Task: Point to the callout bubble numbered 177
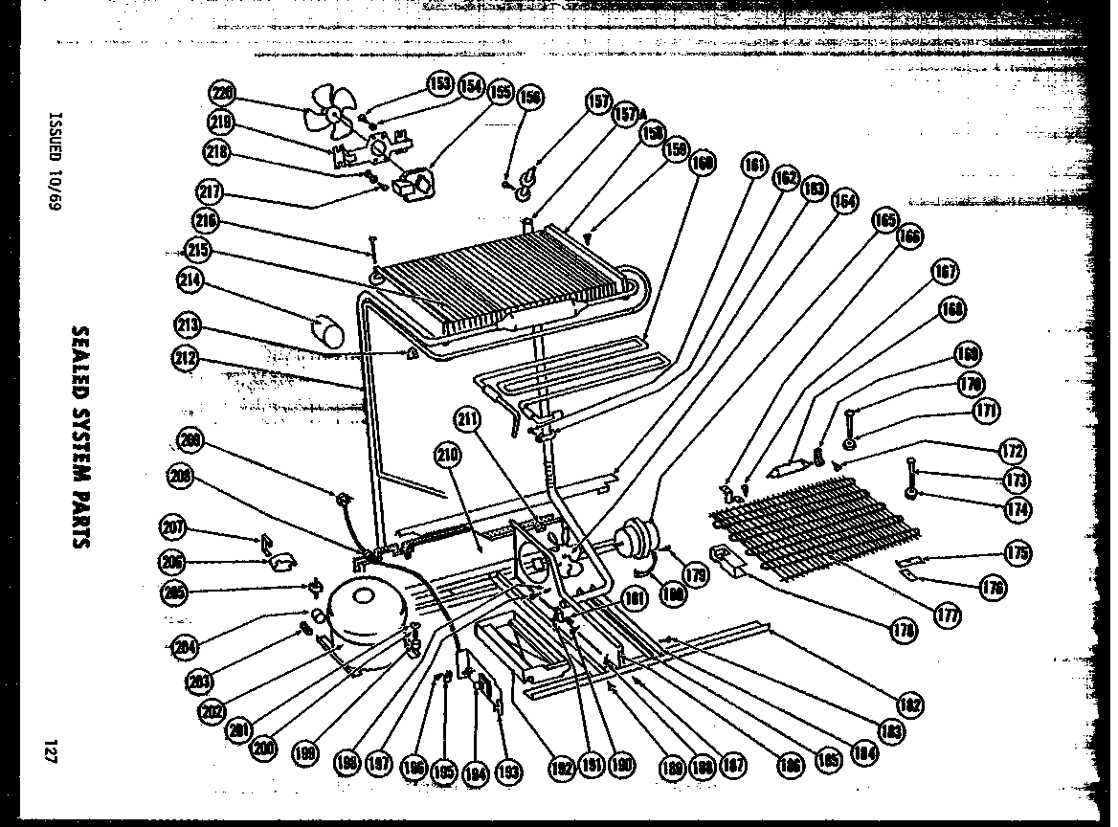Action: click(x=947, y=616)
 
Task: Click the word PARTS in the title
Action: click(x=80, y=511)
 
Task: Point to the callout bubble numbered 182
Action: click(x=909, y=705)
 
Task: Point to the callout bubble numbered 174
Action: click(x=1018, y=509)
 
